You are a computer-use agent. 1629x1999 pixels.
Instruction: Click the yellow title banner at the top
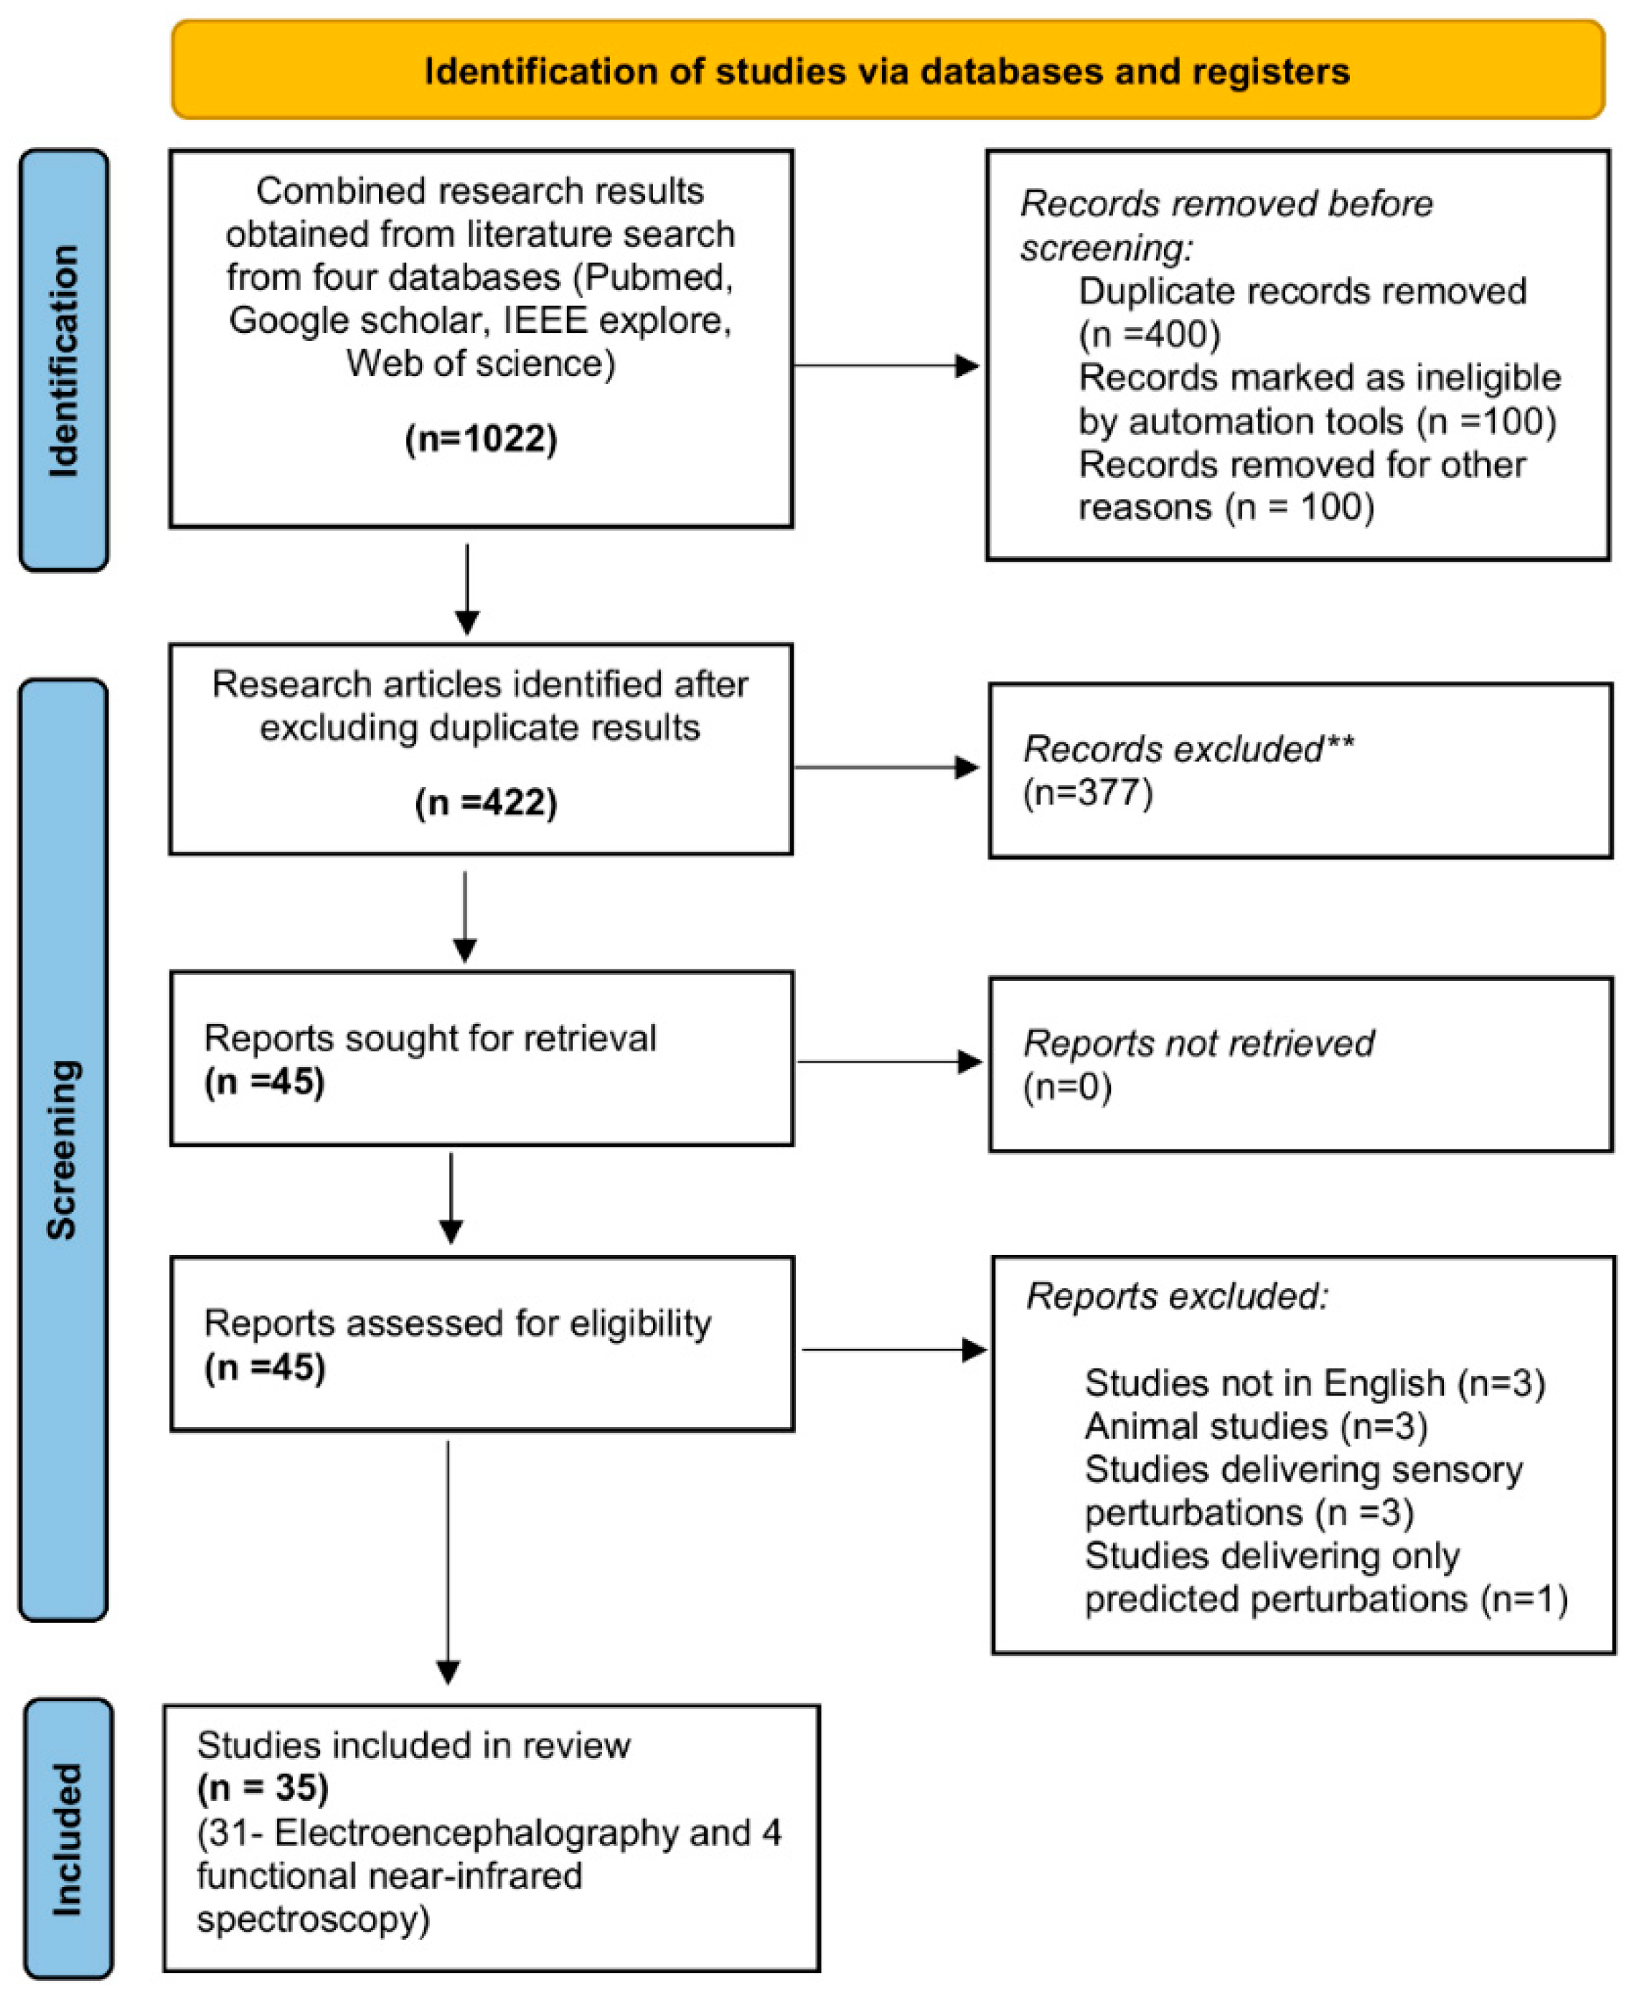(x=887, y=71)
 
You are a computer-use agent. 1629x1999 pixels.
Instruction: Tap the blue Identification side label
(x=64, y=360)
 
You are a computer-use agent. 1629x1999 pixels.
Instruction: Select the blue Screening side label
(x=63, y=1149)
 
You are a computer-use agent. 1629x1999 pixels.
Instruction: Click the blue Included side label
(x=67, y=1838)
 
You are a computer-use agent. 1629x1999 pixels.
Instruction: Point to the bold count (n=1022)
(x=480, y=439)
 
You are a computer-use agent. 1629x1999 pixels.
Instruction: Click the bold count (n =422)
(x=485, y=802)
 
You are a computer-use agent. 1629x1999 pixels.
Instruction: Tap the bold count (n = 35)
(x=263, y=1787)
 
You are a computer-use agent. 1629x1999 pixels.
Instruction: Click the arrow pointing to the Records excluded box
(x=887, y=767)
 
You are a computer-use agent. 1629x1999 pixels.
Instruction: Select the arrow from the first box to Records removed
(x=887, y=366)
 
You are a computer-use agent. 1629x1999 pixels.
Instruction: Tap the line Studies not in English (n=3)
(x=1314, y=1383)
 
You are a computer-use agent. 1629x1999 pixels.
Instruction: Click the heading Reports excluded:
(x=1177, y=1297)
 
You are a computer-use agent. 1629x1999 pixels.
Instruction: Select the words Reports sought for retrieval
(x=430, y=1038)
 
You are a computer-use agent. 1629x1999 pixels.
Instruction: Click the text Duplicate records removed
(x=1302, y=291)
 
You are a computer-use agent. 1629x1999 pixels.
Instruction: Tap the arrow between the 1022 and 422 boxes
(x=466, y=589)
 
